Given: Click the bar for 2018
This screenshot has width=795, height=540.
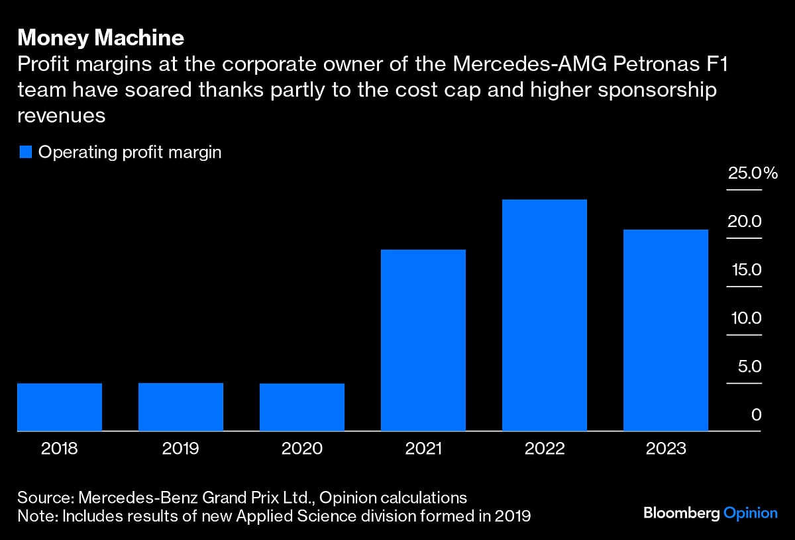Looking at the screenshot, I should pos(60,407).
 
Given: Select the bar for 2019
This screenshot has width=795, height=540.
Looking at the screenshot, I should pos(181,407).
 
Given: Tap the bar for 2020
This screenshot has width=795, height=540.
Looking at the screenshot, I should pos(302,407).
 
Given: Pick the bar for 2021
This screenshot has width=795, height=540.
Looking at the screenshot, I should pos(423,340).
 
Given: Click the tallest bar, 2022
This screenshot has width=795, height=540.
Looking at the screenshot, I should pos(545,315).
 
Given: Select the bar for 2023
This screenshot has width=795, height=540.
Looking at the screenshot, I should pos(666,330).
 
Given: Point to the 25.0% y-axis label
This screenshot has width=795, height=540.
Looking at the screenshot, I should pos(752,174).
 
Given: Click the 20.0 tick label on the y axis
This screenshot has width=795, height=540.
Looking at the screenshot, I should pos(745,222).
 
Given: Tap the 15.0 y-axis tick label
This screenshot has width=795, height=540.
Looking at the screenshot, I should pos(745,270).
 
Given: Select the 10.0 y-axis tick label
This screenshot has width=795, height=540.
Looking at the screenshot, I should pos(745,318).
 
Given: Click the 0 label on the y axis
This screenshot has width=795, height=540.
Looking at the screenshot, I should pos(756,415).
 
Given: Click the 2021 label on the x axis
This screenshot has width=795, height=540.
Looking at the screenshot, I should pos(423,449).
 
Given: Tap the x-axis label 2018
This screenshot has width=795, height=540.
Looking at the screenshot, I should pos(60,449).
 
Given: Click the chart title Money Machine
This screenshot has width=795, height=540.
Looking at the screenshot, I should pos(101,38).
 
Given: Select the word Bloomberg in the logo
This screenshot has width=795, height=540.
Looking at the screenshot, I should pos(681,514).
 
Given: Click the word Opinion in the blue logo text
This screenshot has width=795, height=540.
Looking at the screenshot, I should pos(750,514).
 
